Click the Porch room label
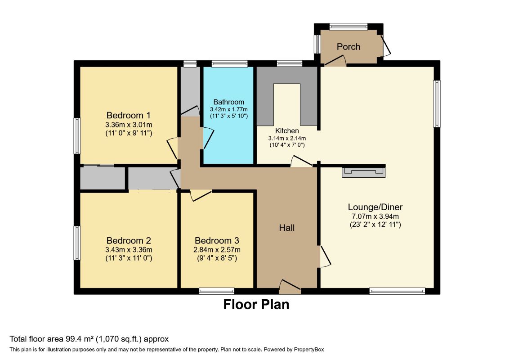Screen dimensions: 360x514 [x=349, y=46]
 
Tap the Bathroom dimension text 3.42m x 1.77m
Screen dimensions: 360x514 [x=229, y=109]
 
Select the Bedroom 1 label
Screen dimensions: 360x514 [x=128, y=114]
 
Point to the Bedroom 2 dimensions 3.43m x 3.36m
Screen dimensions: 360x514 [x=128, y=250]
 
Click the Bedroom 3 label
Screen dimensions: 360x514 [x=216, y=241]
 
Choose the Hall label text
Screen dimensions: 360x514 [x=286, y=228]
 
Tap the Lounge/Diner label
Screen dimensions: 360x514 [x=375, y=207]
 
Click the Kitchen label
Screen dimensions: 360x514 [x=287, y=130]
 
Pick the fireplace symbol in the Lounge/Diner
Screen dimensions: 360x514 [x=363, y=172]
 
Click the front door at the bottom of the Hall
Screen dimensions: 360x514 [x=290, y=286]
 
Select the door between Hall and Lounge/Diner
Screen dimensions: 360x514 [x=325, y=256]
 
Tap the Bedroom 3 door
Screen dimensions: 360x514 [x=201, y=195]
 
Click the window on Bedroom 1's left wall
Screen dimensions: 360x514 [x=77, y=135]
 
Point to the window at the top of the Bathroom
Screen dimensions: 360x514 [x=229, y=64]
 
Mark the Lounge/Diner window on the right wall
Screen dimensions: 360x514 [x=437, y=103]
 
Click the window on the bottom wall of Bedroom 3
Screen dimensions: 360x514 [x=217, y=291]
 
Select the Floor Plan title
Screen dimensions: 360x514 [x=256, y=305]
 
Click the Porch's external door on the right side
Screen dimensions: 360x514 [x=386, y=46]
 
